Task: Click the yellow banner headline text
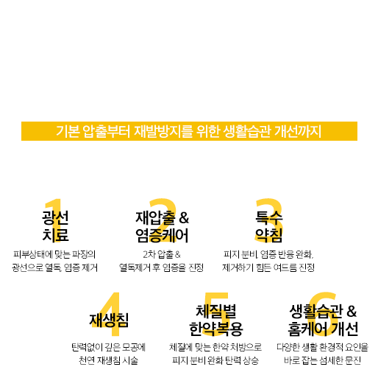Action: (188, 131)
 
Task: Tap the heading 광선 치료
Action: (55, 226)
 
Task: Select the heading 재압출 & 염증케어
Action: (163, 226)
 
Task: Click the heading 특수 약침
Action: (268, 226)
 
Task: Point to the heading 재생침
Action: (109, 321)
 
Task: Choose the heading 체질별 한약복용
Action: (215, 321)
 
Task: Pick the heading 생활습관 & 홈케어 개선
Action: (323, 321)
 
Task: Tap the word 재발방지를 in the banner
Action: (164, 131)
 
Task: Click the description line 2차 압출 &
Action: (162, 254)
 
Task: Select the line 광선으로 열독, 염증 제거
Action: (54, 267)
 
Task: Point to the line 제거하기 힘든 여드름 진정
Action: (268, 267)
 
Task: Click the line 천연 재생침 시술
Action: (108, 360)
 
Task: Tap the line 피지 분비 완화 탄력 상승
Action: (215, 360)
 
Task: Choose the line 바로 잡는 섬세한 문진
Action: (322, 360)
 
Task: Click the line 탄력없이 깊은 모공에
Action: (108, 347)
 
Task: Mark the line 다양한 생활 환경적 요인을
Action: (322, 347)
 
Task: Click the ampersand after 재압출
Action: (184, 218)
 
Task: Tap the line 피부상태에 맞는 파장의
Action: (54, 254)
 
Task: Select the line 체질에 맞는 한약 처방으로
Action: (215, 347)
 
